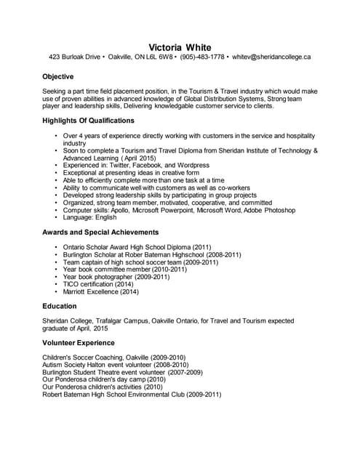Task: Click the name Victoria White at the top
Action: [x=180, y=47]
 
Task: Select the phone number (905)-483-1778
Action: [x=201, y=57]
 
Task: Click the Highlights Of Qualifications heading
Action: [x=88, y=121]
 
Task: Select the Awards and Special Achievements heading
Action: [x=100, y=232]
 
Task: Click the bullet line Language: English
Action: [x=90, y=217]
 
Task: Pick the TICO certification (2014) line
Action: [x=99, y=283]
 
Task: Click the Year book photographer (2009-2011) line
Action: [x=116, y=276]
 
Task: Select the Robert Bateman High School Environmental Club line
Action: [x=132, y=395]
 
